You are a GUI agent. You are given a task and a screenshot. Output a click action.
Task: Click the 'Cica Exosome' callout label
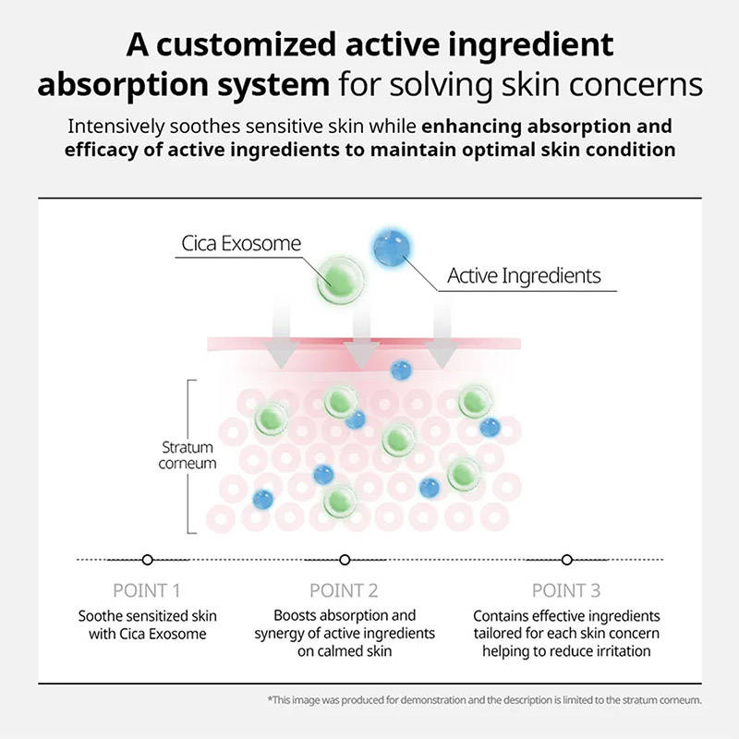point(241,244)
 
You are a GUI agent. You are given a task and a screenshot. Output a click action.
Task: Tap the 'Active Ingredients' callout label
point(524,276)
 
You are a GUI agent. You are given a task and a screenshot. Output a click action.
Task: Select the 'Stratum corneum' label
point(188,455)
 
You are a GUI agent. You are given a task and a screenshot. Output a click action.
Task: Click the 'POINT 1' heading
point(147,590)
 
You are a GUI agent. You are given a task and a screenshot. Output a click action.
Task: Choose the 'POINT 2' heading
point(344,590)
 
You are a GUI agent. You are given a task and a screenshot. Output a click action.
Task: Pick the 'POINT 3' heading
point(566,590)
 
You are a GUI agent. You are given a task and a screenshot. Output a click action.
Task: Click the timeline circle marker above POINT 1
point(148,560)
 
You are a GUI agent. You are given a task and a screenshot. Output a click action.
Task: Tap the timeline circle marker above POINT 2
point(345,560)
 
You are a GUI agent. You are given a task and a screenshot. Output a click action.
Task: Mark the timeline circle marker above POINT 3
point(567,560)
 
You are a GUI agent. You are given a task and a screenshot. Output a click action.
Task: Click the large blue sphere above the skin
point(392,248)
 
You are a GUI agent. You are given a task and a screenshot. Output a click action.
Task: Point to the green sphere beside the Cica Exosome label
point(340,280)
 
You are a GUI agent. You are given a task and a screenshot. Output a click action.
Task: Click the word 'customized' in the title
point(246,45)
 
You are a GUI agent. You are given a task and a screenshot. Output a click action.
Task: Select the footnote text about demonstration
point(484,700)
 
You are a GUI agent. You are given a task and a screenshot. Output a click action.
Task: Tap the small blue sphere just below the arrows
point(401,370)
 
